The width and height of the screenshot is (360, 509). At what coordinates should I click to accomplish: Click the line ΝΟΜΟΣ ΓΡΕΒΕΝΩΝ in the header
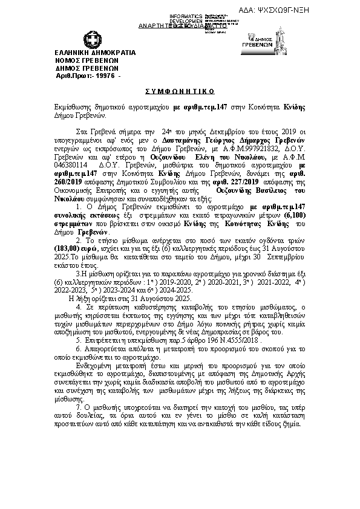click(x=87, y=60)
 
